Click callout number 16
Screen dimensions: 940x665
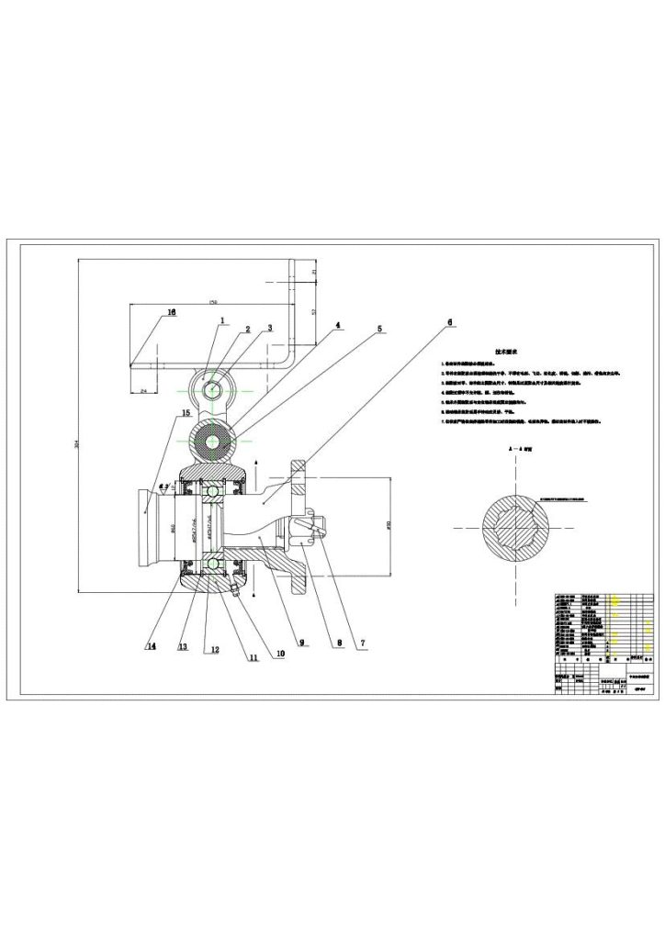pyautogui.click(x=172, y=313)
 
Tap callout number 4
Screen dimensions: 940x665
pyautogui.click(x=337, y=325)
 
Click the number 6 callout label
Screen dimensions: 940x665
pyautogui.click(x=450, y=323)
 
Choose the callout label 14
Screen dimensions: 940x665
pyautogui.click(x=151, y=646)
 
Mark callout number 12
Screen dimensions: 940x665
pyautogui.click(x=213, y=650)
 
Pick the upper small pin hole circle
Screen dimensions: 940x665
pyautogui.click(x=213, y=388)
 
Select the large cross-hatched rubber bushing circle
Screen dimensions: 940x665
pyautogui.click(x=213, y=442)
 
